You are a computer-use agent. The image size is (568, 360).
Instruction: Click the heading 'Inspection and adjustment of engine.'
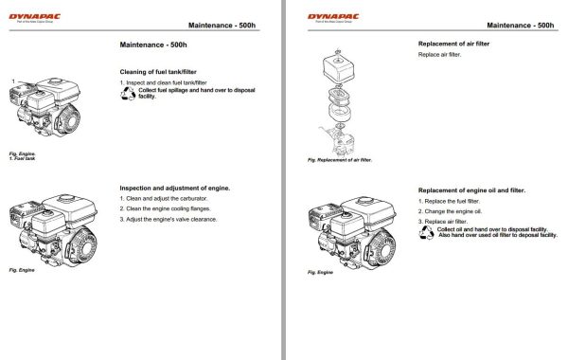[x=175, y=188]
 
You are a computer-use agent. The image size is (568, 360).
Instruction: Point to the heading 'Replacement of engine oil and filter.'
[x=471, y=190]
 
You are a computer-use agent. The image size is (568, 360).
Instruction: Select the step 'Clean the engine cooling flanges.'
[x=169, y=209]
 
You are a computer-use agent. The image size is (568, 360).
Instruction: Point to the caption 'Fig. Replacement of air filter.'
[x=341, y=159]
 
